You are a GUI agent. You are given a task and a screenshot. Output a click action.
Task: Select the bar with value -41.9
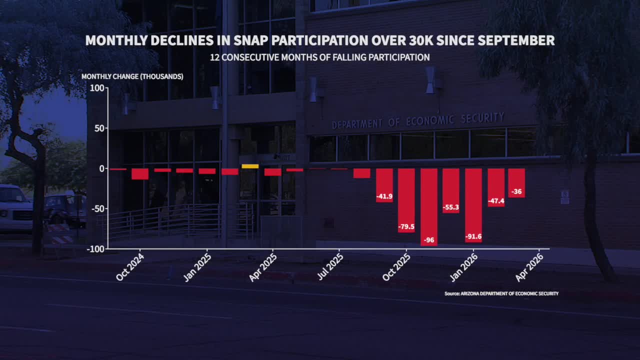point(384,185)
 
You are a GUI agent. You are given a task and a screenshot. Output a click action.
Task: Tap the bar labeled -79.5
point(406,200)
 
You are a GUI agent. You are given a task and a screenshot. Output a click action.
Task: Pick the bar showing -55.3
point(451,190)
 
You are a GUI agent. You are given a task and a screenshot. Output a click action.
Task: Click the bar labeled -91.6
point(473,205)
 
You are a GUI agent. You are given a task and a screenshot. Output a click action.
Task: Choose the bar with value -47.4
point(496,187)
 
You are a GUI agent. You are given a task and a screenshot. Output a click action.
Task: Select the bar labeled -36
point(517,183)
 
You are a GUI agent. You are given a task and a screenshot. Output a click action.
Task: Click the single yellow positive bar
point(250,166)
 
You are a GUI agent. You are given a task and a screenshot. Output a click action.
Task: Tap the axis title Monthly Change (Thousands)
point(132,76)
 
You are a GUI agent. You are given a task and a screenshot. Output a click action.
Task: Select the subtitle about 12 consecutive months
point(320,57)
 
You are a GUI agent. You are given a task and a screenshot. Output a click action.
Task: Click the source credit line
point(501,293)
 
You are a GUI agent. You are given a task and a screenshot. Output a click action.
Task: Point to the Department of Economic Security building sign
point(418,120)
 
